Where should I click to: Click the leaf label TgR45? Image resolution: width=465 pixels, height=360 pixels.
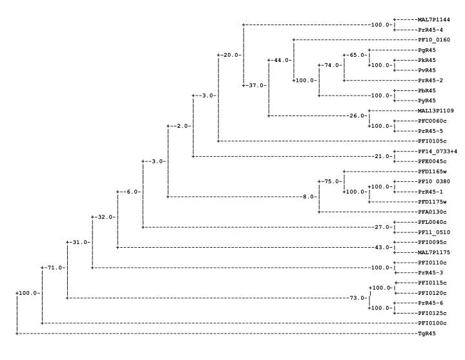[x=427, y=334]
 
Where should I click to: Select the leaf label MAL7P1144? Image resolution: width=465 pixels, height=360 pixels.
[x=434, y=20]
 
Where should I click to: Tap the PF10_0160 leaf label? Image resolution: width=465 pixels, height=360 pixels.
[x=434, y=40]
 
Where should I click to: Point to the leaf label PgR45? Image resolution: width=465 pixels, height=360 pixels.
[x=427, y=50]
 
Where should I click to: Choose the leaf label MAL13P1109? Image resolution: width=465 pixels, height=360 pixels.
[x=436, y=111]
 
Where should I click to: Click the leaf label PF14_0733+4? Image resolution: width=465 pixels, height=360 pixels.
[x=437, y=152]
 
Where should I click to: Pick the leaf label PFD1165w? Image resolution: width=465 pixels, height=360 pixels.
[x=432, y=172]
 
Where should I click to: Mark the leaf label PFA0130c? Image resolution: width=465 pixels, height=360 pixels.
[x=432, y=212]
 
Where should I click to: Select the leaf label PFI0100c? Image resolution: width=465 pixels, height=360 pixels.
[x=432, y=323]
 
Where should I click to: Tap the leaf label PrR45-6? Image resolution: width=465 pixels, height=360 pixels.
[x=430, y=303]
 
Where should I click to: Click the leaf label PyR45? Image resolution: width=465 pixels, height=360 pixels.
[x=427, y=101]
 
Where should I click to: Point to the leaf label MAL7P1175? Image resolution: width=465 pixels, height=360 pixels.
[x=434, y=252]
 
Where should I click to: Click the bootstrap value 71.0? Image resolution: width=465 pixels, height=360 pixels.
[x=55, y=268]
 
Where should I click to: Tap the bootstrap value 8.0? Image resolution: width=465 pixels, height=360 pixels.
[x=309, y=197]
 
